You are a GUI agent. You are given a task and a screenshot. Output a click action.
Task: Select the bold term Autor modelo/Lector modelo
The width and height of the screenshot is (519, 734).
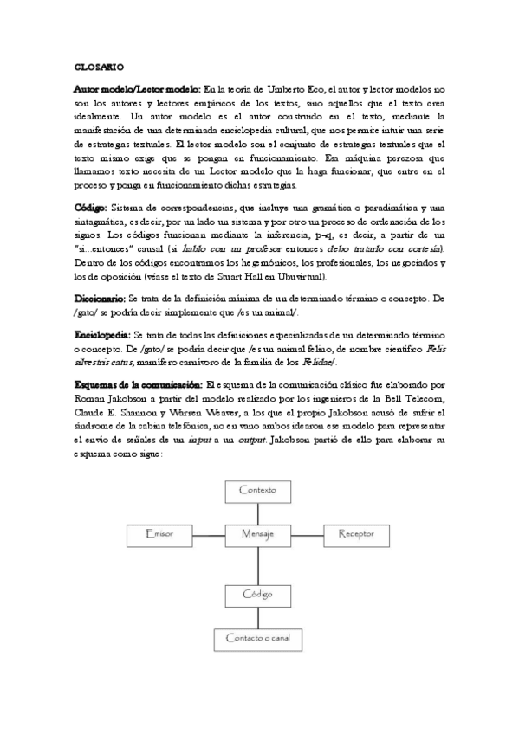[x=137, y=89]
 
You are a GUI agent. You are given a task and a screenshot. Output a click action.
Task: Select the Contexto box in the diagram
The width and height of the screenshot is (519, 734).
[x=257, y=490]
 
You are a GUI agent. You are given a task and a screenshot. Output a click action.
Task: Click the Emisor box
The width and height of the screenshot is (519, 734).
[x=159, y=534]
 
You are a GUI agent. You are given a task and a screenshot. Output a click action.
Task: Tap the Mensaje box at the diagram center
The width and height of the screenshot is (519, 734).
[x=257, y=534]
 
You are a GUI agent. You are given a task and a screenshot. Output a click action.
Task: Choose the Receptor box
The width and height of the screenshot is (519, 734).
[x=355, y=534]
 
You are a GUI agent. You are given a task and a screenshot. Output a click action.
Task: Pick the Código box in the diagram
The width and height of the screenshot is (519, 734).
[x=257, y=595]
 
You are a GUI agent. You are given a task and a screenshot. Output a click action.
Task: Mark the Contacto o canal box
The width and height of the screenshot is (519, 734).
[x=257, y=639]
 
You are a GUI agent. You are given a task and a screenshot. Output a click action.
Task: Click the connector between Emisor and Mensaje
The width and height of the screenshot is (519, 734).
[x=208, y=534]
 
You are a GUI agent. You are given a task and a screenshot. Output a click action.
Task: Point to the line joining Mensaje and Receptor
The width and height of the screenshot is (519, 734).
[x=306, y=534]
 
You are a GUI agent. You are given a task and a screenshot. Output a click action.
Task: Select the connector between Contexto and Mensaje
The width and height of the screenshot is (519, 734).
[x=257, y=512]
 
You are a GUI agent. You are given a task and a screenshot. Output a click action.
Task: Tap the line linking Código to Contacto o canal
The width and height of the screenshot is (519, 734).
[x=257, y=616]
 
